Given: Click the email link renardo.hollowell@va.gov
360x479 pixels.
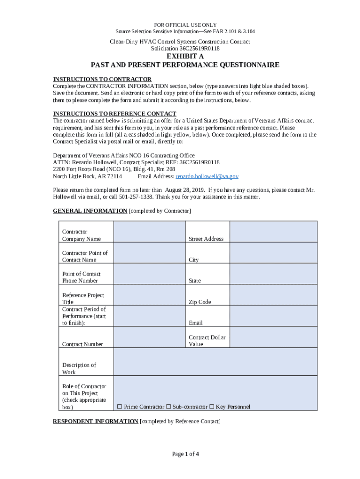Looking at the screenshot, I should pyautogui.click(x=207, y=176).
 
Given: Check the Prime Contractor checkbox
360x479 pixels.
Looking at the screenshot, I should pyautogui.click(x=120, y=406).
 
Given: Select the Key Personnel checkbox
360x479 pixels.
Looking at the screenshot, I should pyautogui.click(x=212, y=406).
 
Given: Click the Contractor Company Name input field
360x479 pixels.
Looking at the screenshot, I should pyautogui.click(x=149, y=232).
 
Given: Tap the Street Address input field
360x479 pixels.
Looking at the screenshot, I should pyautogui.click(x=273, y=232).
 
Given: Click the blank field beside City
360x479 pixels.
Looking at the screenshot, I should pyautogui.click(x=273, y=253).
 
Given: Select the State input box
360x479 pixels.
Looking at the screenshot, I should pyautogui.click(x=273, y=274).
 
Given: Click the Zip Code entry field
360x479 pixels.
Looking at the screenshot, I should pyautogui.click(x=273, y=295).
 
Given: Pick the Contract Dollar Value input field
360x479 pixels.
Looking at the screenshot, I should pyautogui.click(x=273, y=337).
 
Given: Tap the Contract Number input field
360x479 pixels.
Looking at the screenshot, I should pyautogui.click(x=149, y=337).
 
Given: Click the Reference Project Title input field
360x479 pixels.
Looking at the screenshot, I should pyautogui.click(x=149, y=295).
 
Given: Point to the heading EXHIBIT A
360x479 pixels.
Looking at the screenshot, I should pyautogui.click(x=185, y=57).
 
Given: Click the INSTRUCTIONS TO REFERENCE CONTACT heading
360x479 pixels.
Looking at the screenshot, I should pyautogui.click(x=115, y=114).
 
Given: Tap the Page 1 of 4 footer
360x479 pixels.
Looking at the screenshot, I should pyautogui.click(x=186, y=454).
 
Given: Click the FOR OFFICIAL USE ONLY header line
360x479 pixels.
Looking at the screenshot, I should pyautogui.click(x=185, y=25).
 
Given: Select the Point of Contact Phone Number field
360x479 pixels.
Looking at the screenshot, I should pyautogui.click(x=149, y=274).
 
